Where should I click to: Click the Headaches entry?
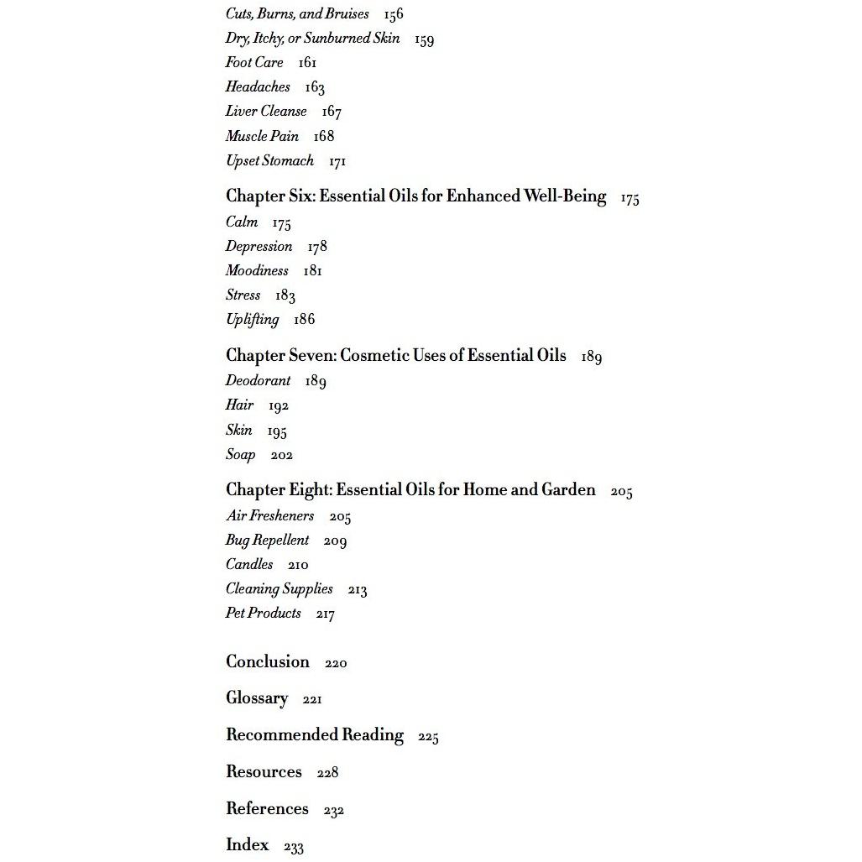click(258, 87)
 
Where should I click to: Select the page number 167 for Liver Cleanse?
click(332, 112)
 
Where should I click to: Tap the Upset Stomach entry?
click(269, 160)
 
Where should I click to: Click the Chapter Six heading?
click(415, 196)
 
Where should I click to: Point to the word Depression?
click(259, 247)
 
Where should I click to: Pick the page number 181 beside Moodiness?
click(312, 271)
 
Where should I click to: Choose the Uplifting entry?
click(252, 320)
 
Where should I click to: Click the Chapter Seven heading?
click(395, 356)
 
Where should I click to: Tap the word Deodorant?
click(258, 381)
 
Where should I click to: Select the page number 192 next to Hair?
click(279, 406)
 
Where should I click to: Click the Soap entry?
click(240, 455)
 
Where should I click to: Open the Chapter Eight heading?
click(410, 490)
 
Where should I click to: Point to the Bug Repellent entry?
click(267, 541)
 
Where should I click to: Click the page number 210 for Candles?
click(298, 565)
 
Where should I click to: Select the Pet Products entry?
click(263, 614)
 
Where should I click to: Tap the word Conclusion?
click(268, 662)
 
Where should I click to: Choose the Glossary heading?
click(257, 698)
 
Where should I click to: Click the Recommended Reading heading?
click(315, 735)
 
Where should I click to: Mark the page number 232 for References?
click(334, 811)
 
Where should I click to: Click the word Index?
click(248, 845)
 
